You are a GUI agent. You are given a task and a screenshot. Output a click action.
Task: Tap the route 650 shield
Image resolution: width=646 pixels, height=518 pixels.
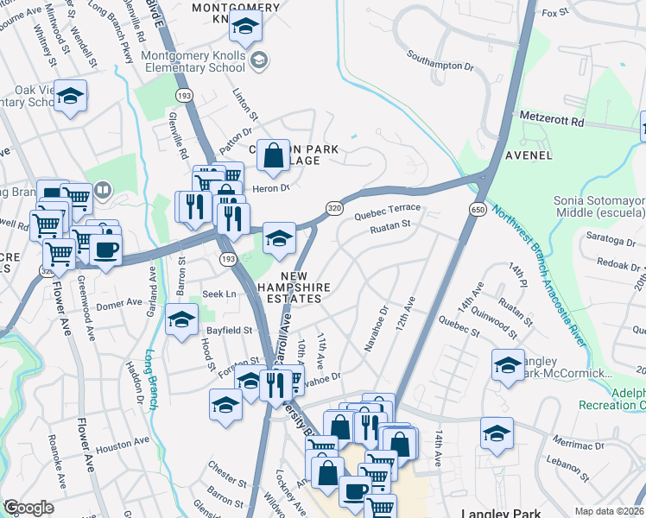pos(478,210)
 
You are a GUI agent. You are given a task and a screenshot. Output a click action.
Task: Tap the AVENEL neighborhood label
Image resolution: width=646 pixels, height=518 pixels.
pos(528,155)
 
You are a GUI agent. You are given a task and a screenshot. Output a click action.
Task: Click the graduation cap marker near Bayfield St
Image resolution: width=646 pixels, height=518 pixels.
pos(181,321)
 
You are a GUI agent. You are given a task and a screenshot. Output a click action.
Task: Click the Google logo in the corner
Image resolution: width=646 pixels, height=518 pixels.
pos(28,508)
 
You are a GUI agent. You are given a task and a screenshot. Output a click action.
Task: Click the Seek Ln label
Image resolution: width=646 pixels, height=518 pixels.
pos(218,294)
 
